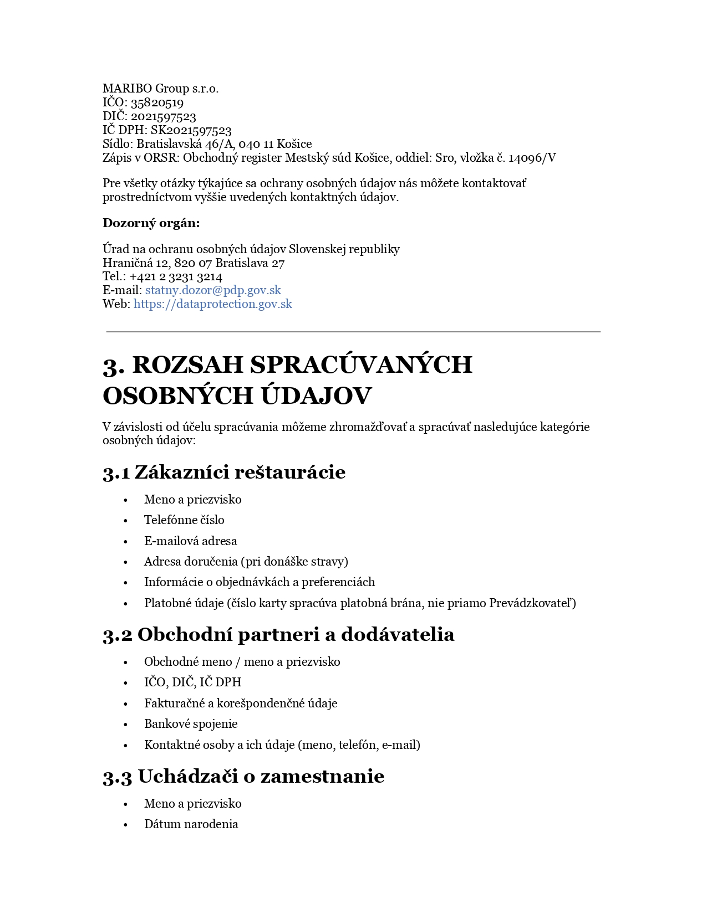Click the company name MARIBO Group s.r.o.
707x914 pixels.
coord(160,89)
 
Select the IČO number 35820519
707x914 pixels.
coord(157,102)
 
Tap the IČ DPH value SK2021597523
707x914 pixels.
coord(191,130)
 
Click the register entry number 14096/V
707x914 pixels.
coord(532,158)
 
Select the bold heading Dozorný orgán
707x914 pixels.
coord(151,223)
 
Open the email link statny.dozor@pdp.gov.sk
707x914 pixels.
coord(213,290)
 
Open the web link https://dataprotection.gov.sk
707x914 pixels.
coord(212,304)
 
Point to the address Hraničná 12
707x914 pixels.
coord(136,263)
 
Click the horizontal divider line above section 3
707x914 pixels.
coord(353,332)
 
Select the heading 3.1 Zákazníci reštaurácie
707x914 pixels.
coord(224,472)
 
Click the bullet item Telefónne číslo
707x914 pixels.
coord(184,520)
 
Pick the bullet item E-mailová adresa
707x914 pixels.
coord(190,541)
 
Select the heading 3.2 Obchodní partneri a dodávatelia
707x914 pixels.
coord(278,634)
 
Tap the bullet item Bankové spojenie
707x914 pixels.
coord(191,724)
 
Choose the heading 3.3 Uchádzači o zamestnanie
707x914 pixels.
coord(243,776)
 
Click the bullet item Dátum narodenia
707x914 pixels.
coord(191,824)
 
